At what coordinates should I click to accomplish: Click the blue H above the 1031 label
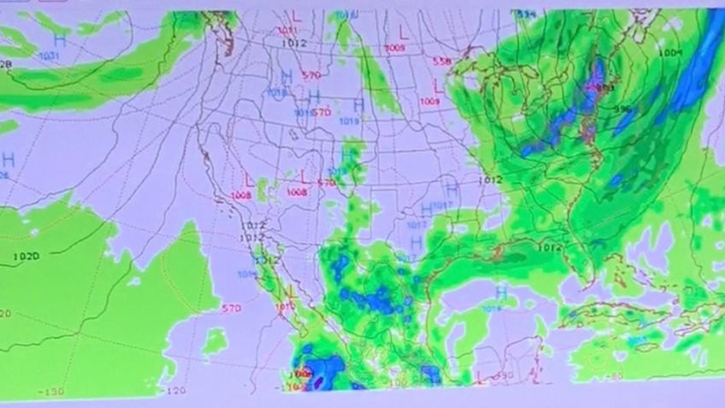59,40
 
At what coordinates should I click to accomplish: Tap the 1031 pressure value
50,55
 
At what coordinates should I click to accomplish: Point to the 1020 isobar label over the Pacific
27,257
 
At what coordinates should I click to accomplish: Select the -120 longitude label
177,390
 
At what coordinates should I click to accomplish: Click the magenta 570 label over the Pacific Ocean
231,308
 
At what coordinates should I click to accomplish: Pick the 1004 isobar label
671,53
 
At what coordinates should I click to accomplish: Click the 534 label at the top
527,15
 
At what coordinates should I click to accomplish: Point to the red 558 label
442,62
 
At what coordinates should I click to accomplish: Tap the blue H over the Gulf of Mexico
501,293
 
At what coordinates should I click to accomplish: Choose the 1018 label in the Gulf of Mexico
492,308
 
